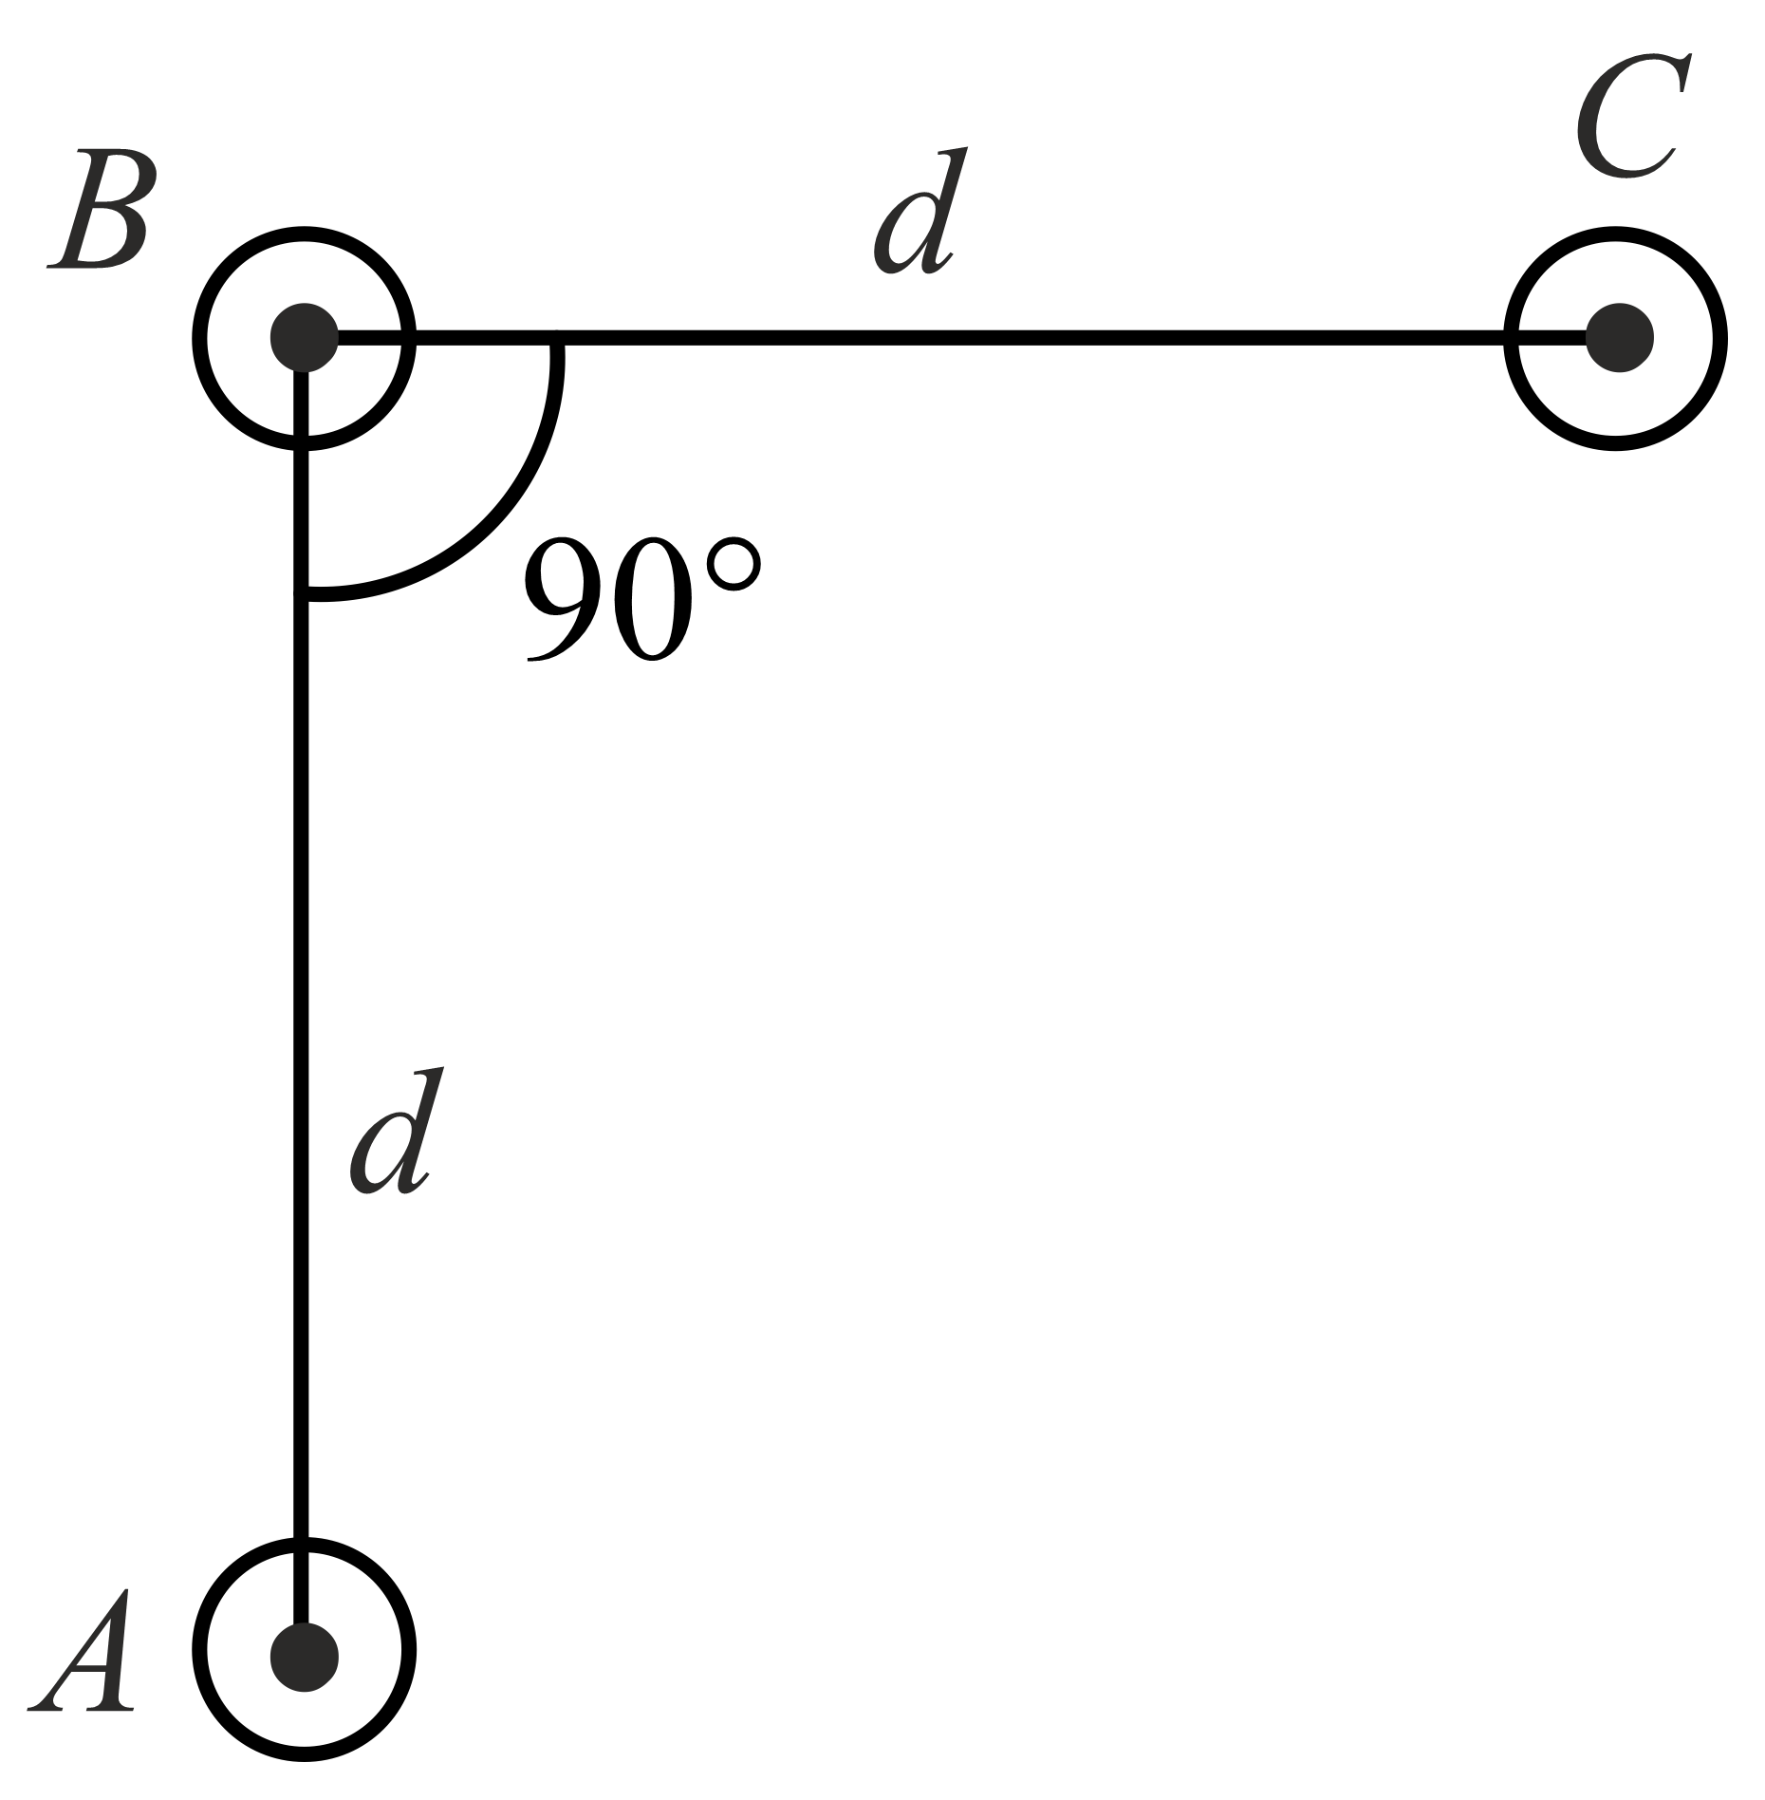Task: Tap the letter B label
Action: [99, 209]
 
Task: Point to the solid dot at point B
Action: [304, 337]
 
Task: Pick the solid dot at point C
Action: [1619, 337]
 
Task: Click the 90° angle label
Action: [641, 599]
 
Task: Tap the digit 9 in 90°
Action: [566, 601]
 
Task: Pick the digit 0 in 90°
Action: [657, 601]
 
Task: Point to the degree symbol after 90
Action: [734, 567]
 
